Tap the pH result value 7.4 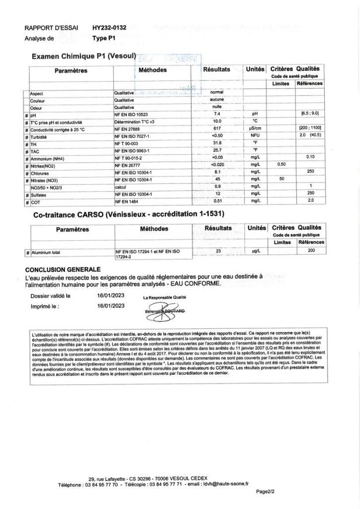pyautogui.click(x=216, y=114)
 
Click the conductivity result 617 pyautogui.click(x=216, y=129)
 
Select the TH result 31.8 pyautogui.click(x=216, y=143)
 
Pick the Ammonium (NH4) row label pyautogui.click(x=47, y=158)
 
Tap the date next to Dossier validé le pyautogui.click(x=110, y=295)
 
